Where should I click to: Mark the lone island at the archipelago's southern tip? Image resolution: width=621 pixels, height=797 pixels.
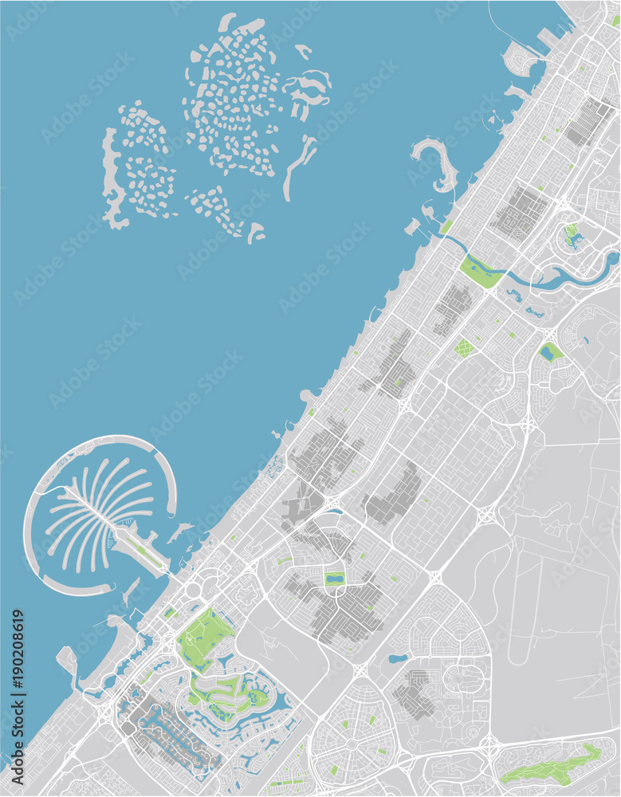pos(255,233)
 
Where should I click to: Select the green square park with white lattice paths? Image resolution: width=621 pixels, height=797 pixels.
pos(464,347)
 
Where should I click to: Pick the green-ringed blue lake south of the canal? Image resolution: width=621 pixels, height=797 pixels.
pos(549,351)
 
